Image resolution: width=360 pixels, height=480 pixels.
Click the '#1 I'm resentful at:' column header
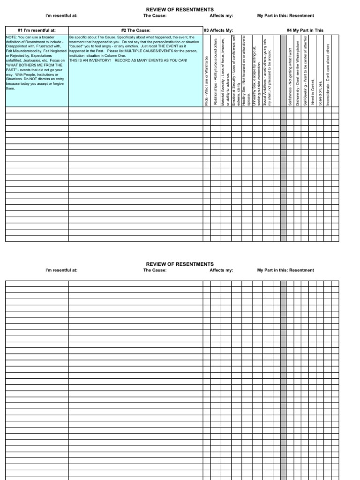37,30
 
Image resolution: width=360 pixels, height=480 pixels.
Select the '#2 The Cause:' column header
135,30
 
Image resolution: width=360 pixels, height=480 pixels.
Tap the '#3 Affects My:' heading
218,30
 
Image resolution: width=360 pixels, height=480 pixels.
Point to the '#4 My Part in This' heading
305,30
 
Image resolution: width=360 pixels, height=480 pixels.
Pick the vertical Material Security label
226,73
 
